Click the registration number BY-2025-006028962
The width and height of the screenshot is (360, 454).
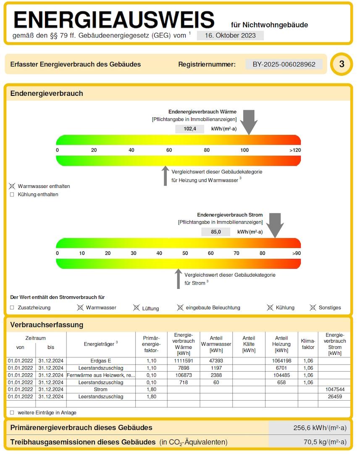tap(284, 64)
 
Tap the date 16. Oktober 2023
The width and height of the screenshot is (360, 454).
tap(230, 36)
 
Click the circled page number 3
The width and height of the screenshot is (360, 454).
tap(342, 64)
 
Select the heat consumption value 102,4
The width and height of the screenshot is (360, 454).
tap(190, 129)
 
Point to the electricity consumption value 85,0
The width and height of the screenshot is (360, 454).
tap(216, 232)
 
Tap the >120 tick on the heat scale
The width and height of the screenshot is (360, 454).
tap(295, 150)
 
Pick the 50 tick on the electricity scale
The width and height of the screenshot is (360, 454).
tap(185, 253)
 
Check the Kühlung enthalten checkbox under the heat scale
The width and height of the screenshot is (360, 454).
tap(12, 195)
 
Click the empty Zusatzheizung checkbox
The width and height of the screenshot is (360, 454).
tap(12, 308)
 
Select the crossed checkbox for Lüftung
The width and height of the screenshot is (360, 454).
tap(136, 308)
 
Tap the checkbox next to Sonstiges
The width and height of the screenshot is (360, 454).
tap(313, 308)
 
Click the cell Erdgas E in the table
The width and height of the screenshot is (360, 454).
tap(101, 361)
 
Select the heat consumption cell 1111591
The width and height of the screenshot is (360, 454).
tap(183, 361)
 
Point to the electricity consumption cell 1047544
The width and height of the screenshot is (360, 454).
tap(334, 390)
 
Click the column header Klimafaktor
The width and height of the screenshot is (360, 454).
tap(308, 344)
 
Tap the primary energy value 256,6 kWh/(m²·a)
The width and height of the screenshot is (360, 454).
tap(320, 428)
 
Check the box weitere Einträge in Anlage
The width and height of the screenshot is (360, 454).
tap(12, 413)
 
